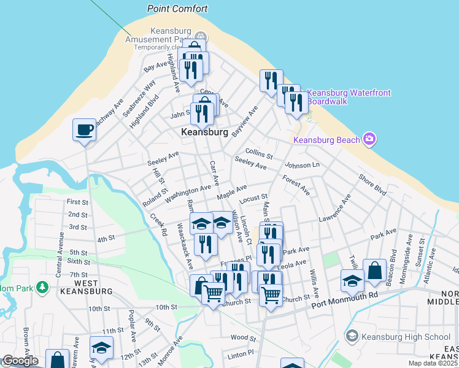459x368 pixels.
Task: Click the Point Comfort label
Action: click(x=177, y=9)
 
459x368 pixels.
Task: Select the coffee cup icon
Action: click(x=85, y=129)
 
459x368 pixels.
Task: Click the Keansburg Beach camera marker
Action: click(x=369, y=139)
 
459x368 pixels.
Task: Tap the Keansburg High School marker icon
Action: click(x=352, y=336)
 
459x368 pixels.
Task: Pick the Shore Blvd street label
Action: click(x=372, y=186)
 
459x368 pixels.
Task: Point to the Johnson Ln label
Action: click(x=302, y=165)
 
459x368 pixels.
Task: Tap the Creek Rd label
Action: click(x=159, y=224)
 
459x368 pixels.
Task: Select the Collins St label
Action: click(x=258, y=152)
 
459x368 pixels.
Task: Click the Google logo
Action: click(x=20, y=361)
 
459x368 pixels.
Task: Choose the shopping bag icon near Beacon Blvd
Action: click(x=374, y=270)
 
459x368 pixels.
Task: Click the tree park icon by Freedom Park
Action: click(x=42, y=286)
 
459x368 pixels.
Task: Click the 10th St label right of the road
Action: click(x=166, y=307)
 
